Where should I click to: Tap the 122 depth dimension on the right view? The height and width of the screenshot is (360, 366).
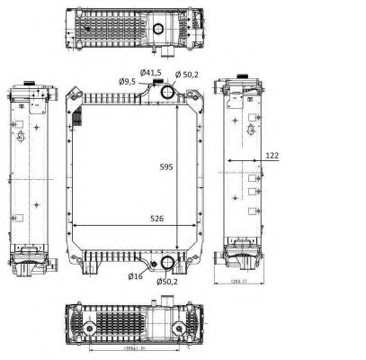(x=272, y=156)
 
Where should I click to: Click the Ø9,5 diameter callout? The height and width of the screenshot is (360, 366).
(x=129, y=81)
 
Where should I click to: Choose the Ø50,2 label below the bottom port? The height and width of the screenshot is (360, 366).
(x=166, y=283)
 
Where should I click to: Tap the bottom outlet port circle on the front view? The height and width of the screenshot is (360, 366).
(x=165, y=264)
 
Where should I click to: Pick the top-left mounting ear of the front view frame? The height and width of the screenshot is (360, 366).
(x=73, y=93)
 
